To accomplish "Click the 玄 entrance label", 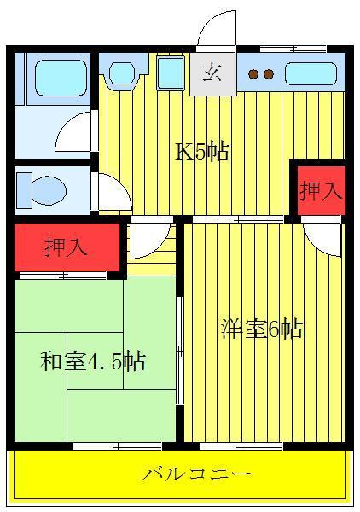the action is pyautogui.click(x=212, y=73).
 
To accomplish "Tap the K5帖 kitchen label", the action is pyautogui.click(x=202, y=151).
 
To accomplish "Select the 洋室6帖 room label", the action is pyautogui.click(x=262, y=329).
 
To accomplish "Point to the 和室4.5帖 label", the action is pyautogui.click(x=93, y=361).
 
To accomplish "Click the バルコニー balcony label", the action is pyautogui.click(x=197, y=474).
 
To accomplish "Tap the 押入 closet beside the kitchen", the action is pyautogui.click(x=322, y=190).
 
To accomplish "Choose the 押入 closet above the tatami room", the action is pyautogui.click(x=67, y=247).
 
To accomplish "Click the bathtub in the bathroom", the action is pyautogui.click(x=61, y=78).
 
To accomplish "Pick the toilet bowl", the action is pyautogui.click(x=49, y=190).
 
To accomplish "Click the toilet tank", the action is pyautogui.click(x=24, y=190).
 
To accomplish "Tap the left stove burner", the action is pyautogui.click(x=253, y=74).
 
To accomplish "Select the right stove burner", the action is pyautogui.click(x=269, y=74).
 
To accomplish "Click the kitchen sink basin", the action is pyautogui.click(x=311, y=73).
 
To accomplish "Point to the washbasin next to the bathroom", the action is pyautogui.click(x=122, y=73).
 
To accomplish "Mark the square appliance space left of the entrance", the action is pyautogui.click(x=170, y=73).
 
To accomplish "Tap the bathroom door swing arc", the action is pyautogui.click(x=67, y=125).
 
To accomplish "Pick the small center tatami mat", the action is pyautogui.click(x=95, y=361).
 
